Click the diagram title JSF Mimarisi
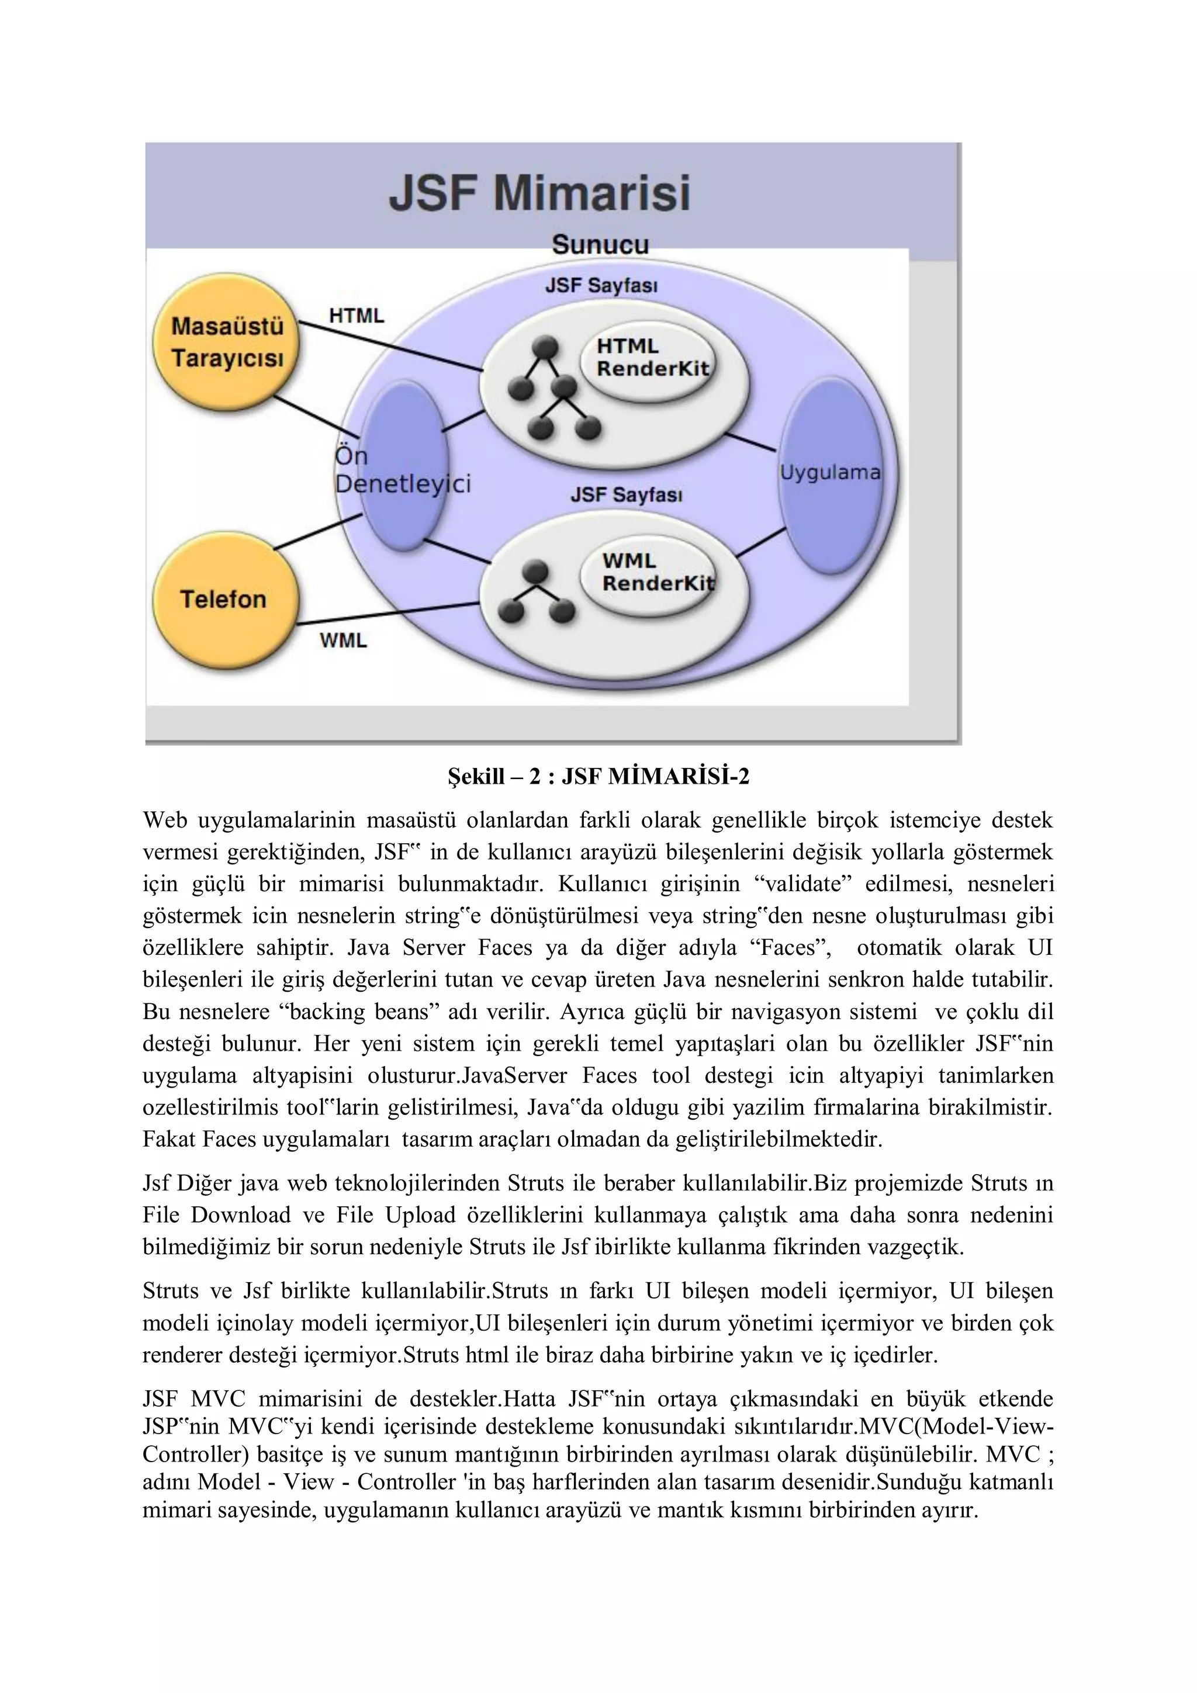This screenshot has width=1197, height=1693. coord(539,193)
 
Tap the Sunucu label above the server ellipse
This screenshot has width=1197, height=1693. coord(600,245)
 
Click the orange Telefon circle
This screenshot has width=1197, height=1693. coord(223,599)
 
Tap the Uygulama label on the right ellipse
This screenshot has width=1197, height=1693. coord(830,473)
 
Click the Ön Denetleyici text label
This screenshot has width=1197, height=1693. coord(402,470)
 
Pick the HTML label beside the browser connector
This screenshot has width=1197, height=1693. coord(356,316)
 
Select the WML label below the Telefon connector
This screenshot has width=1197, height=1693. coord(343,640)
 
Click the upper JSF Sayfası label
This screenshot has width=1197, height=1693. coord(601,285)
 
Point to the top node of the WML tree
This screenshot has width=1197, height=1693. coord(535,572)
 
